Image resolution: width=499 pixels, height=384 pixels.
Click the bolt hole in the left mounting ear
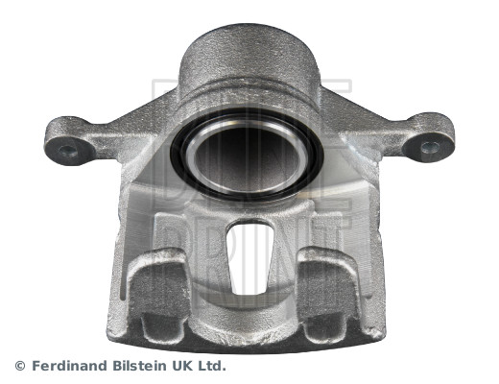[68, 151]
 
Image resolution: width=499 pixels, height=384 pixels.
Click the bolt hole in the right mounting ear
[430, 147]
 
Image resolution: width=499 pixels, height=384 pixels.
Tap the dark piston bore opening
[247, 157]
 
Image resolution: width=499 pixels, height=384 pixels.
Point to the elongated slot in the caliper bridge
[249, 257]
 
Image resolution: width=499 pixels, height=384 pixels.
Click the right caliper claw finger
[329, 288]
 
